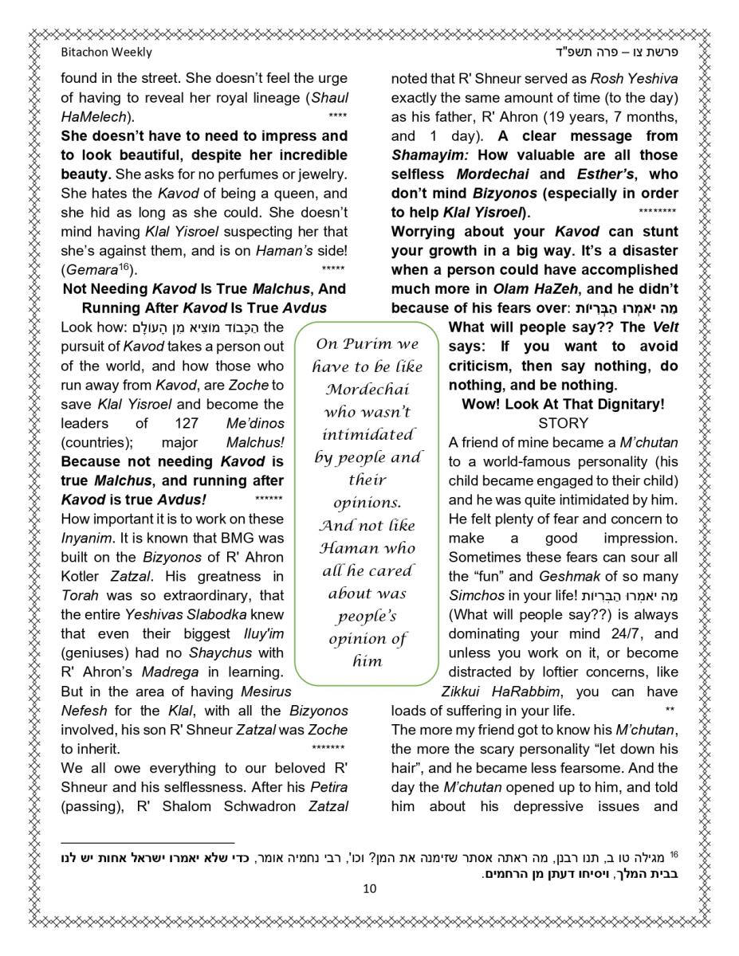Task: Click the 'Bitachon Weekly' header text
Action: [x=106, y=53]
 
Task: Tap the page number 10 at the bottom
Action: [x=369, y=888]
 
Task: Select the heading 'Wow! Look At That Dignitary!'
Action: [x=563, y=404]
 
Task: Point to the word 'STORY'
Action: [x=563, y=423]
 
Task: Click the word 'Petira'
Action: [x=328, y=786]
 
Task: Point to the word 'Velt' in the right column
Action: [x=665, y=327]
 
